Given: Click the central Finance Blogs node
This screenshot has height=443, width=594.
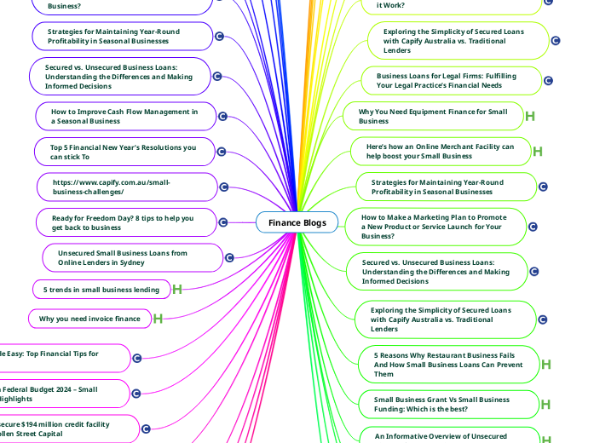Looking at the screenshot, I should [297, 222].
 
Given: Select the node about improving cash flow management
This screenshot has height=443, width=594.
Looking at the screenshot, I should [124, 116].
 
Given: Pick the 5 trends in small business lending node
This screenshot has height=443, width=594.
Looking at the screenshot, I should [101, 290].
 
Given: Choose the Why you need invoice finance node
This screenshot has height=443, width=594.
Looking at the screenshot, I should [89, 319].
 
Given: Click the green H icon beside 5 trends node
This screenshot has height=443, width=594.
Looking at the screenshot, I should [177, 290].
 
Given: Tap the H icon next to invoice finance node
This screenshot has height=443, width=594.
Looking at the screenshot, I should [158, 319].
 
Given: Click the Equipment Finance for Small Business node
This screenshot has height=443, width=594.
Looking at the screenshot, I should [432, 116].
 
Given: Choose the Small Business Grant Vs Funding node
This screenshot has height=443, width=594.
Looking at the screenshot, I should [441, 404].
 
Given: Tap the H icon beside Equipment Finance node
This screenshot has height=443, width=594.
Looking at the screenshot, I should [529, 116].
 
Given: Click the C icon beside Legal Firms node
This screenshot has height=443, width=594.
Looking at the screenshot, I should [548, 81].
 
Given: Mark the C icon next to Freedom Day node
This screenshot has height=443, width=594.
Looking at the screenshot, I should [223, 222].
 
